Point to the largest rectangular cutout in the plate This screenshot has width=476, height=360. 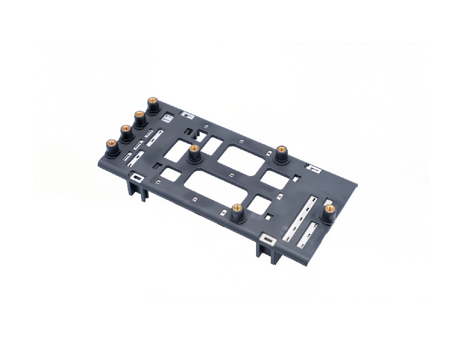pos(217,186)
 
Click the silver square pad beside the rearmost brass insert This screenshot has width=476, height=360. pos(167,118)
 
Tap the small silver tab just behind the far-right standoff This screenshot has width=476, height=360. pos(329,202)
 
